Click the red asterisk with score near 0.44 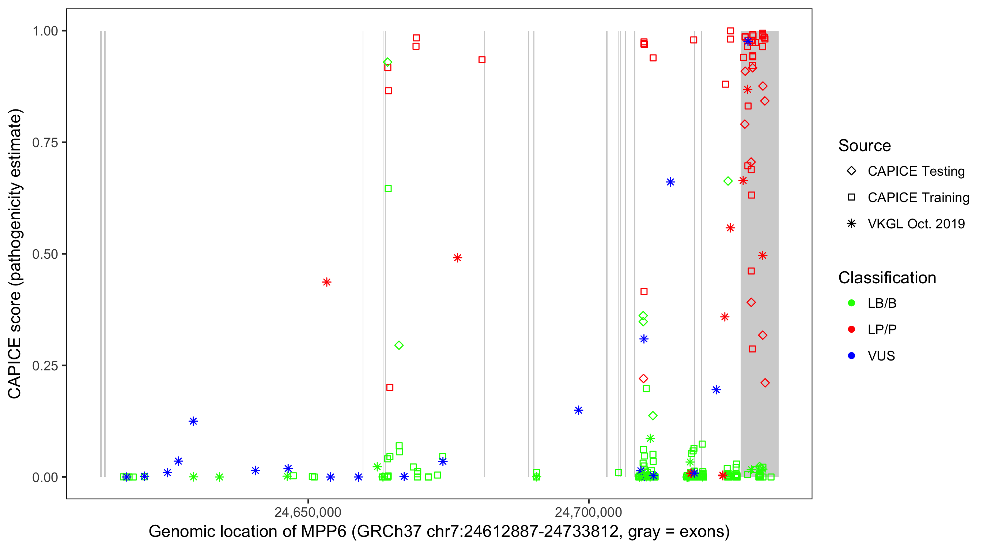click(x=326, y=282)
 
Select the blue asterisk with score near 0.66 click(x=670, y=182)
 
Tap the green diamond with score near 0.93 click(x=387, y=62)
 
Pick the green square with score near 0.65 click(x=388, y=189)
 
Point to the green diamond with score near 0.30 click(x=399, y=345)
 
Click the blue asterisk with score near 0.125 click(x=193, y=421)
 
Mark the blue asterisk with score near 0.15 click(x=579, y=410)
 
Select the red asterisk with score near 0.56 click(x=730, y=228)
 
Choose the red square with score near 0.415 click(x=644, y=292)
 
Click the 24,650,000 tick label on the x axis click(x=308, y=512)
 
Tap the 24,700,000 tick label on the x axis click(x=589, y=512)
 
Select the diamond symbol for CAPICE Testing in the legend click(x=851, y=171)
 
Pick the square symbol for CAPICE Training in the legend click(x=851, y=197)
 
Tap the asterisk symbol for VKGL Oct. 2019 click(x=851, y=224)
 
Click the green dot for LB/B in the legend click(x=851, y=303)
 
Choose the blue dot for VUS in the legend click(x=851, y=356)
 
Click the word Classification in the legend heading click(x=887, y=278)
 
